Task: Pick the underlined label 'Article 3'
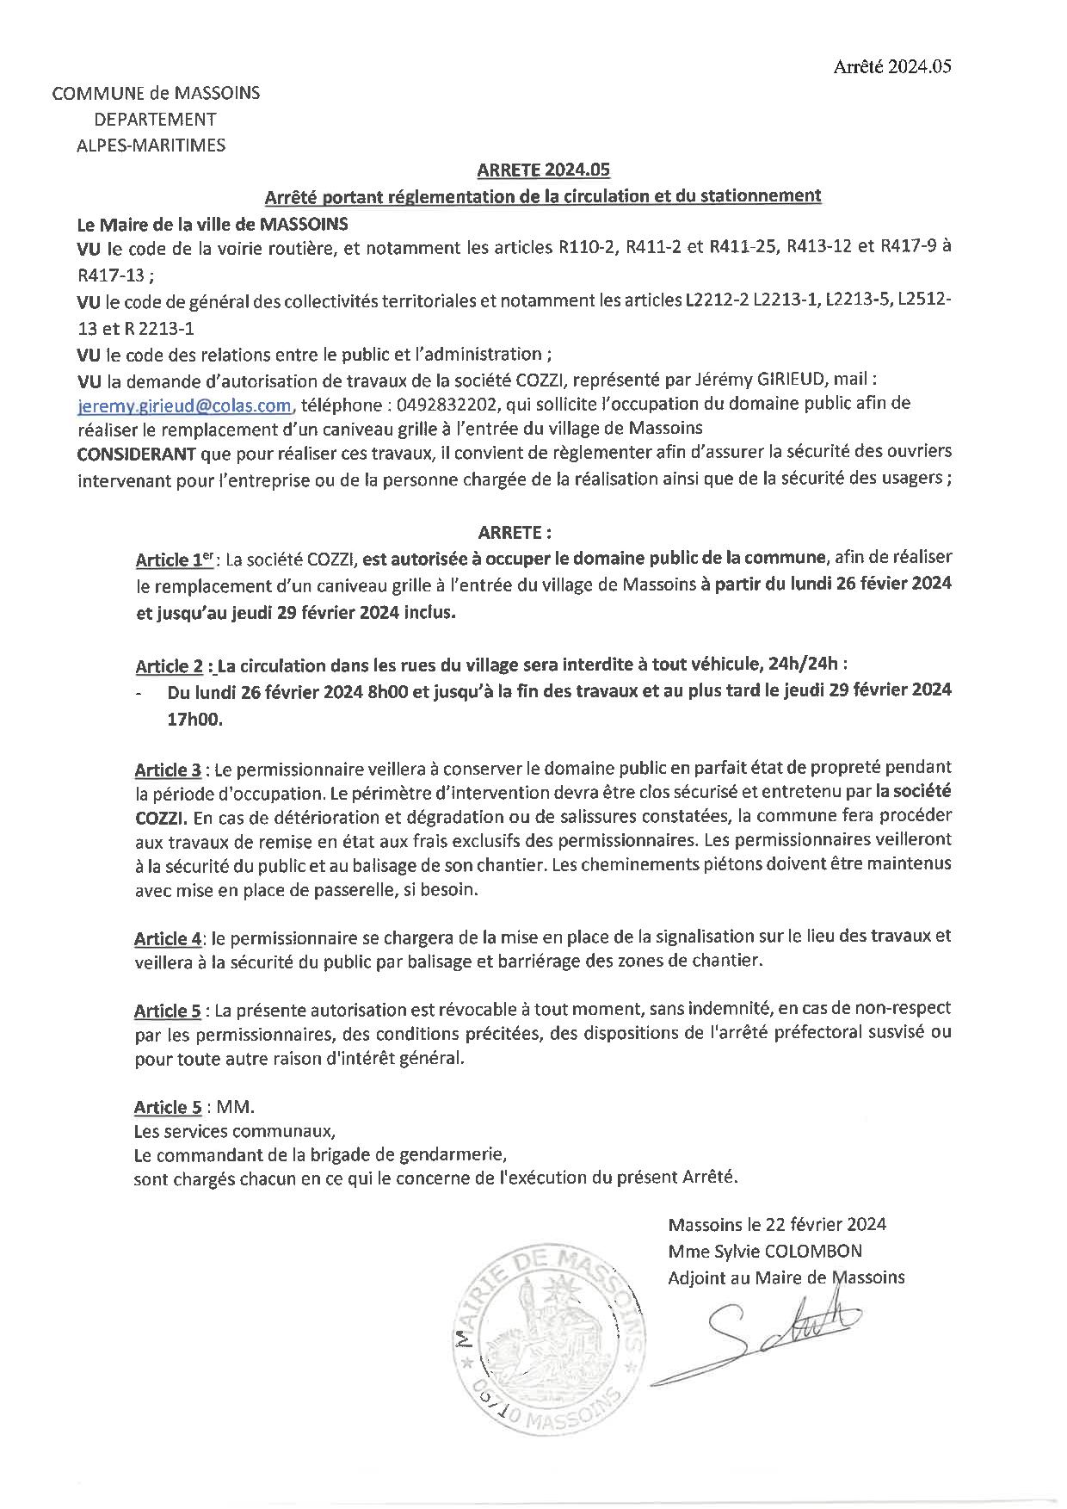(168, 768)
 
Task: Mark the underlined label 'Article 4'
(168, 937)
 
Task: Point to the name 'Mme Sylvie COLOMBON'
(764, 1251)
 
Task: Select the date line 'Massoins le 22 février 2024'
(777, 1224)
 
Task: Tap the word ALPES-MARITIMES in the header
(151, 145)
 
